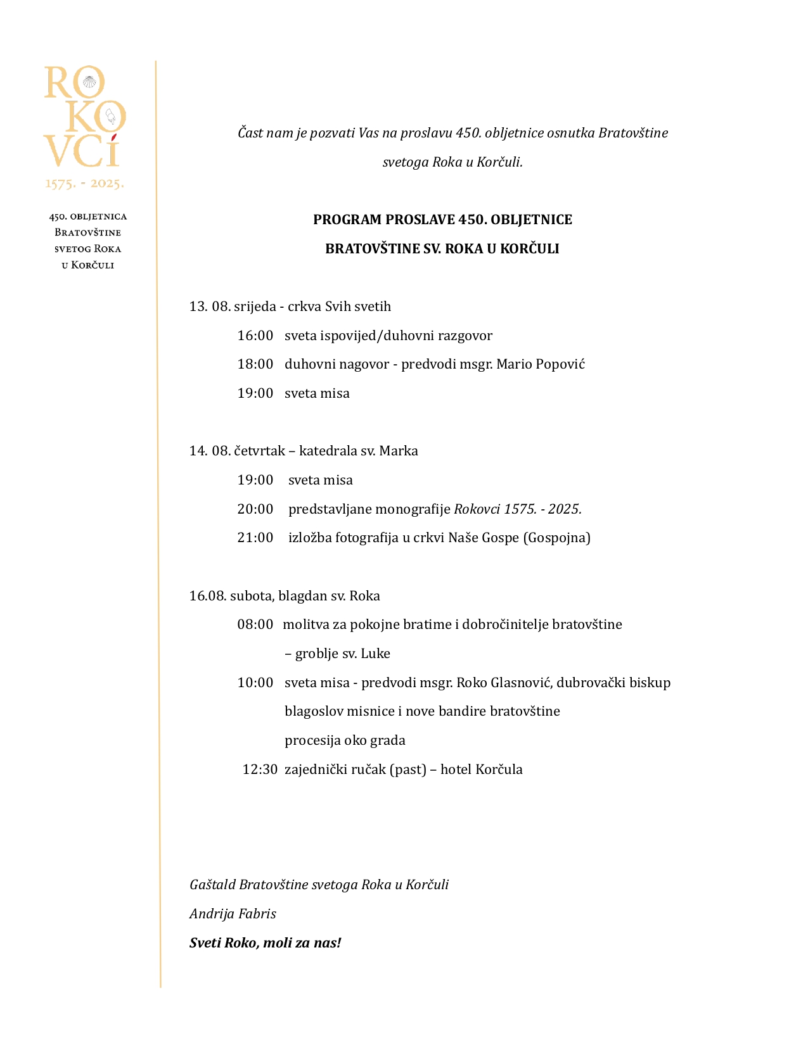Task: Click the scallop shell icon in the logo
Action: (x=93, y=82)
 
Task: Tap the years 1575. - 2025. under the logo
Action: (x=84, y=184)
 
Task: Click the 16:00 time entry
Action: (x=255, y=336)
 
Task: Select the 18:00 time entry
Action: (x=255, y=364)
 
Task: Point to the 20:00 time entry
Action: (x=255, y=509)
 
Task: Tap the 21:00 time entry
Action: (x=255, y=538)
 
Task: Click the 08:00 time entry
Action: (x=255, y=624)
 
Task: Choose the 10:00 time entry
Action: (x=255, y=683)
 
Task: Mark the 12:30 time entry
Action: (x=260, y=769)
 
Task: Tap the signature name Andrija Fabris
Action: (x=233, y=914)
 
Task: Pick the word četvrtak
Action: (x=259, y=451)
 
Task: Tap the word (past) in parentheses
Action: (x=407, y=769)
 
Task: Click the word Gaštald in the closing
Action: (x=212, y=885)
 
